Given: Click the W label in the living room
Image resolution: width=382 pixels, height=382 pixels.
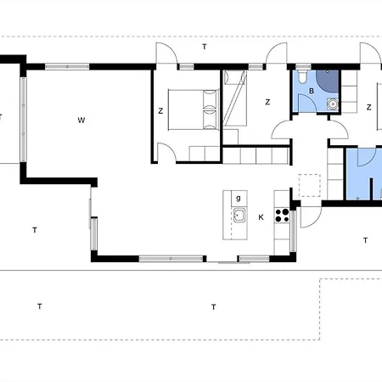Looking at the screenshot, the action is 81,121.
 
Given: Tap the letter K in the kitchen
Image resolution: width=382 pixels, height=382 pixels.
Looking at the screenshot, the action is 261,217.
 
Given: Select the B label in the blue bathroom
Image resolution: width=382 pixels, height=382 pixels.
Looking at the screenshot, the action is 312,91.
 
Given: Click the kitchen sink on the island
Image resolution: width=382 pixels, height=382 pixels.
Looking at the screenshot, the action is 239,215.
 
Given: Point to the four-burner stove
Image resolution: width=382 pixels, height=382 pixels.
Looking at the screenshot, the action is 282,215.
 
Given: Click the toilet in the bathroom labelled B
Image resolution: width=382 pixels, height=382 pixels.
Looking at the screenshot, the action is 301,76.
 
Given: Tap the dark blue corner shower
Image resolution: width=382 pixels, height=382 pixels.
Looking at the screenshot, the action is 328,81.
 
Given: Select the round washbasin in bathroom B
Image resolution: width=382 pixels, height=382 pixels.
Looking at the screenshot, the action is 333,104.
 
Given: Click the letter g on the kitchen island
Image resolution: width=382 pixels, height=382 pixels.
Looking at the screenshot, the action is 239,199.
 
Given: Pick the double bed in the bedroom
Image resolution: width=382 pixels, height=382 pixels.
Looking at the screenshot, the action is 194,110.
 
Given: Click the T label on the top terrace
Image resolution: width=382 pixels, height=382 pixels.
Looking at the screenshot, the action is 205,47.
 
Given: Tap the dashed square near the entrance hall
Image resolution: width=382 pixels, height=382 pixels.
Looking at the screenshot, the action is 310,185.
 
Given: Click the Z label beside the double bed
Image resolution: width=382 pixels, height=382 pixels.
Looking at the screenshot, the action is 160,111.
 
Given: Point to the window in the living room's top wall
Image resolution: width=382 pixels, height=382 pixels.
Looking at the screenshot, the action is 67,67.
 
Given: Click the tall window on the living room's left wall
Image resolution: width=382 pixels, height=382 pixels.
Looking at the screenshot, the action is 23,120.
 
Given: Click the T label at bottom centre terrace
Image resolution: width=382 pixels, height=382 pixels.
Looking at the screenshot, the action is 214,306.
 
